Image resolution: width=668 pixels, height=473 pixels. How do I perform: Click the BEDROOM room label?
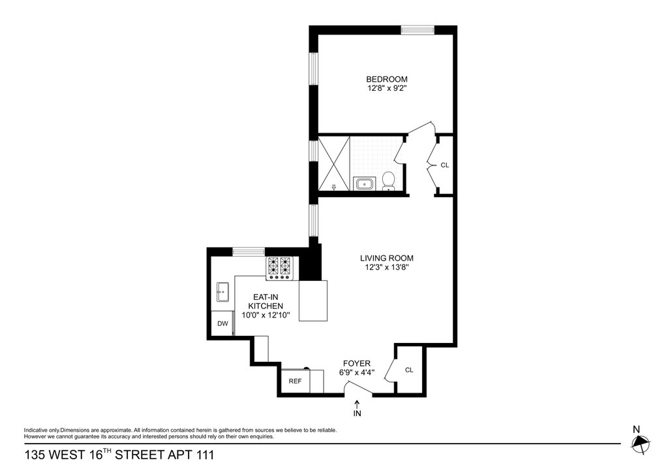pyautogui.click(x=387, y=79)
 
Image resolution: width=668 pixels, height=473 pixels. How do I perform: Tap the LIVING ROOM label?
pyautogui.click(x=386, y=258)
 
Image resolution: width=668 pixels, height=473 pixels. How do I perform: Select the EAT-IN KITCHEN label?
pyautogui.click(x=266, y=302)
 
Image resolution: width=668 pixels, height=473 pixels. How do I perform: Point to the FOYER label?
pyautogui.click(x=357, y=363)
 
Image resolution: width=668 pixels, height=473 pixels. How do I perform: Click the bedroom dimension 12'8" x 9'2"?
pyautogui.click(x=385, y=89)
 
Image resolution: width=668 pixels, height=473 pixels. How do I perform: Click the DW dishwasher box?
pyautogui.click(x=222, y=323)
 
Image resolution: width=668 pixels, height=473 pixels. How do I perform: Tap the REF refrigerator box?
pyautogui.click(x=296, y=381)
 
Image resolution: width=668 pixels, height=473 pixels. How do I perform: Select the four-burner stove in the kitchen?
pyautogui.click(x=280, y=269)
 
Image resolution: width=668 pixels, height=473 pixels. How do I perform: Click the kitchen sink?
pyautogui.click(x=223, y=292)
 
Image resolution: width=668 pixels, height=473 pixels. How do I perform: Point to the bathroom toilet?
pyautogui.click(x=388, y=180)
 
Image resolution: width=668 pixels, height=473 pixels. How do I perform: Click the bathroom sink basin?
pyautogui.click(x=365, y=184)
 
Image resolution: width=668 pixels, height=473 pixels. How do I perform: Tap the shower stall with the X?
pyautogui.click(x=334, y=164)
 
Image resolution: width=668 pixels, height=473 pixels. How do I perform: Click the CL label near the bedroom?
pyautogui.click(x=444, y=165)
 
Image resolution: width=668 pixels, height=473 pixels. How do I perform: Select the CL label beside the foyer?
pyautogui.click(x=409, y=370)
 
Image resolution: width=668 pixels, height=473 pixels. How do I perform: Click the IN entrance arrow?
pyautogui.click(x=357, y=408)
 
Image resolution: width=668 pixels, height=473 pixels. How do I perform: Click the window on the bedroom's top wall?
pyautogui.click(x=417, y=30)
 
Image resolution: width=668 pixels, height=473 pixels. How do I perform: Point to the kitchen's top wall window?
pyautogui.click(x=249, y=252)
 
